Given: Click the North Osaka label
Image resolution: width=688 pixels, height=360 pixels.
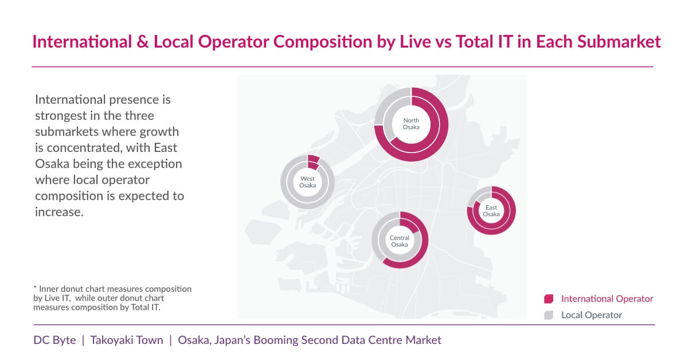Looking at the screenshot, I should point(411,124).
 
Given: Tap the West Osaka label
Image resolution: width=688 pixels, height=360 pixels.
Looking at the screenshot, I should point(307,182).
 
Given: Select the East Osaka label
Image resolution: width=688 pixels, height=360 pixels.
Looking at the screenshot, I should point(491,211).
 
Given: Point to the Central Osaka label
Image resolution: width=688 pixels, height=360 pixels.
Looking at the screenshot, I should point(400,241).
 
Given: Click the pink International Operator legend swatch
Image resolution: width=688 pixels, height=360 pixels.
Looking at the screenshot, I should point(549,299).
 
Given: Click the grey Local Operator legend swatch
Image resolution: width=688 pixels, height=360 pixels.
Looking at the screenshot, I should point(549,315).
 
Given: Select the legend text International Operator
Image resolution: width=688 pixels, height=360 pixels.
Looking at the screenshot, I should point(607,299).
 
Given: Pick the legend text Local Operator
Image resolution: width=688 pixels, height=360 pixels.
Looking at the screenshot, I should point(592,315).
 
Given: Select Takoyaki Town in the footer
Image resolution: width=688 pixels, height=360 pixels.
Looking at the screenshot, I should point(126,340).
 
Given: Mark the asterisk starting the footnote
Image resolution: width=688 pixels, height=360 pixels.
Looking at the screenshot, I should point(36,288).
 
